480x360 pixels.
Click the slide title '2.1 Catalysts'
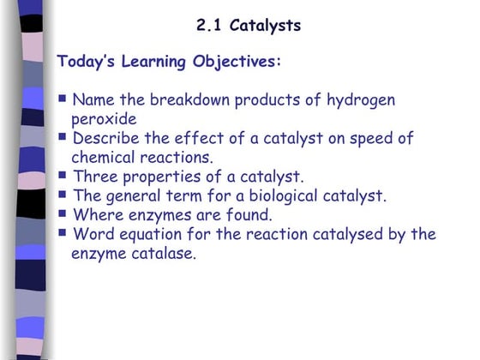point(249,25)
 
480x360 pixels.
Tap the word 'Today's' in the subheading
point(87,62)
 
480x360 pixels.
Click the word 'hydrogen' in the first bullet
point(361,100)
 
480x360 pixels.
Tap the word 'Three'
point(95,177)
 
